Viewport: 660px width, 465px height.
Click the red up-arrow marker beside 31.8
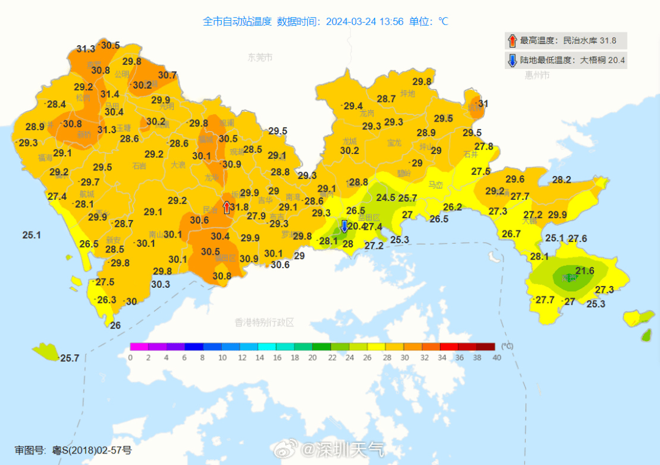227,207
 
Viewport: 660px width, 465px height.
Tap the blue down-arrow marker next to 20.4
343,227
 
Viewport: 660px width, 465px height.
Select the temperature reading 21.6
585,271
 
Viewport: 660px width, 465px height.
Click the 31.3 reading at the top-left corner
86,49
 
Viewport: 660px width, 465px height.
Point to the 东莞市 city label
260,57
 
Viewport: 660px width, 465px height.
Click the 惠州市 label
537,76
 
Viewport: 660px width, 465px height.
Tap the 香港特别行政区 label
265,322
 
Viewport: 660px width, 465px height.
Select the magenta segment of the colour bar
139,346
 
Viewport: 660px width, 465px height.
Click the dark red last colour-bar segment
486,346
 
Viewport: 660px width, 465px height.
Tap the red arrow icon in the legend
512,41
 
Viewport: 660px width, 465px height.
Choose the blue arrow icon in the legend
512,60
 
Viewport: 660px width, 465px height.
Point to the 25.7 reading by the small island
70,358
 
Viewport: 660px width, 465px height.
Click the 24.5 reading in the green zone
385,197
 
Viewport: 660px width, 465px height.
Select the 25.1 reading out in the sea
31,235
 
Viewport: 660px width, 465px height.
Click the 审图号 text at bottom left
30,450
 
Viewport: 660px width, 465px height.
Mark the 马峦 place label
435,185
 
